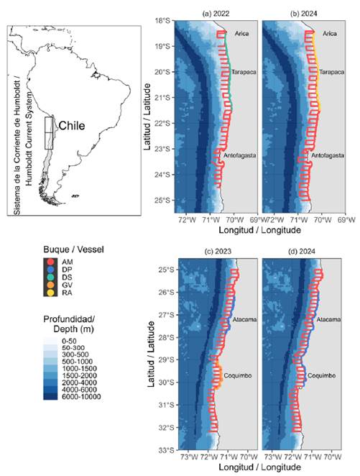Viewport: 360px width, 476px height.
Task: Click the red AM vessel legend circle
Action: click(x=50, y=262)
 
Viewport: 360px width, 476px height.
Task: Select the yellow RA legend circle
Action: click(x=50, y=293)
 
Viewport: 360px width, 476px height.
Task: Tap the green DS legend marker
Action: click(x=50, y=277)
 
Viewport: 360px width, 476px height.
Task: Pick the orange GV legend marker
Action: click(x=50, y=285)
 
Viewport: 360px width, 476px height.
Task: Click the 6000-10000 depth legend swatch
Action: click(x=50, y=396)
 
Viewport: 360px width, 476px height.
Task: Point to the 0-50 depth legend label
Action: click(x=69, y=342)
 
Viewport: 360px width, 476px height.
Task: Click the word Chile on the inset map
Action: click(x=72, y=125)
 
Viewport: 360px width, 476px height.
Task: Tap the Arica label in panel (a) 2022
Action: click(x=241, y=33)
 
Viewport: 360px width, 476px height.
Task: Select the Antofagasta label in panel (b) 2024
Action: click(x=328, y=155)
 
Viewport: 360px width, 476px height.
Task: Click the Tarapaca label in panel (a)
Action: click(x=244, y=72)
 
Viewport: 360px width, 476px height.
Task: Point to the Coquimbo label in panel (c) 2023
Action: click(x=238, y=375)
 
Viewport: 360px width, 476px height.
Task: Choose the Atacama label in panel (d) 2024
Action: click(x=329, y=319)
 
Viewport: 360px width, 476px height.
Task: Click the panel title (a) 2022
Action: click(x=216, y=14)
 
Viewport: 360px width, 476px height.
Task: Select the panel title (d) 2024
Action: click(x=302, y=251)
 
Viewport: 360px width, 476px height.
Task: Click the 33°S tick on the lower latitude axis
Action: click(x=167, y=450)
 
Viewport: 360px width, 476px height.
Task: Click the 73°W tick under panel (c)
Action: click(x=189, y=457)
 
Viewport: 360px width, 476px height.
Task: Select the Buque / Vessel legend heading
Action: click(x=73, y=250)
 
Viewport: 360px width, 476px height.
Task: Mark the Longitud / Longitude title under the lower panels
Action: click(x=259, y=467)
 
